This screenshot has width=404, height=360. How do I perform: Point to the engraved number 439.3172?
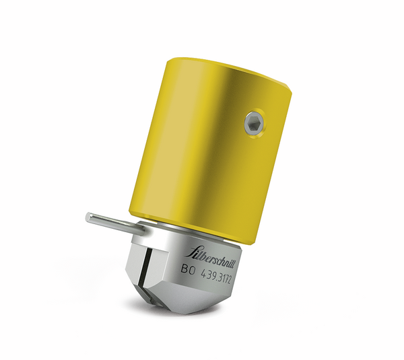click(223, 276)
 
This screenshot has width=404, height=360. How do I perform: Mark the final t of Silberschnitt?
click(232, 261)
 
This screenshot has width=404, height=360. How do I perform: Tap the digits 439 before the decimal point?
click(209, 273)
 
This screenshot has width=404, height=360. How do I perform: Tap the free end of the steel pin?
click(88, 217)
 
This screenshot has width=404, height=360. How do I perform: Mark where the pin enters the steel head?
click(141, 229)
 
